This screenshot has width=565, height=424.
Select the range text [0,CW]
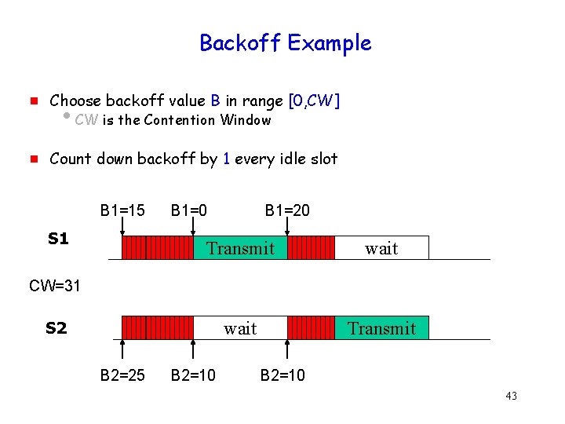coord(314,101)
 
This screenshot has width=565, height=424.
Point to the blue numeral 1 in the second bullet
coord(226,159)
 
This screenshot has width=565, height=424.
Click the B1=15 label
coord(122,210)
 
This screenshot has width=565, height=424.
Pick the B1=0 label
coord(189,210)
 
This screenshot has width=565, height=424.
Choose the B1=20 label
coord(287,210)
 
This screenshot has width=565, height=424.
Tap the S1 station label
coord(58,239)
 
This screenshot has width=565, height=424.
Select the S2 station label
coord(56,328)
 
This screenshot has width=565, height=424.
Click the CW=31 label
coord(55,286)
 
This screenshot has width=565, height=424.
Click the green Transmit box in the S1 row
coord(240,248)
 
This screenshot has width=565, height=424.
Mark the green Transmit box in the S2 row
coord(382,327)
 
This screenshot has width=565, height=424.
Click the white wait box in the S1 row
coord(382,248)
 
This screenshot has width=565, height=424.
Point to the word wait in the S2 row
coord(240,328)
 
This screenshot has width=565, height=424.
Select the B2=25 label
coord(122,375)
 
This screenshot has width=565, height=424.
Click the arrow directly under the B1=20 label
coord(287,228)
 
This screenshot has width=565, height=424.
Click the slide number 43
coord(511,396)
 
